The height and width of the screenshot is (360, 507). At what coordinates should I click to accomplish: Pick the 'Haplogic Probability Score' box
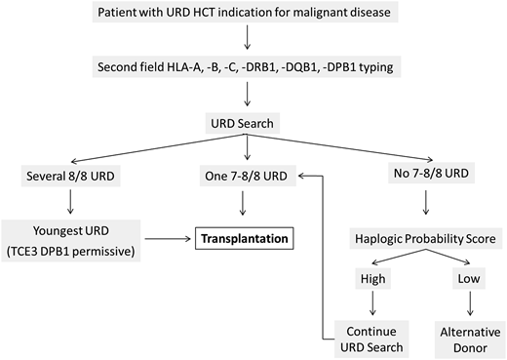pyautogui.click(x=420, y=238)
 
